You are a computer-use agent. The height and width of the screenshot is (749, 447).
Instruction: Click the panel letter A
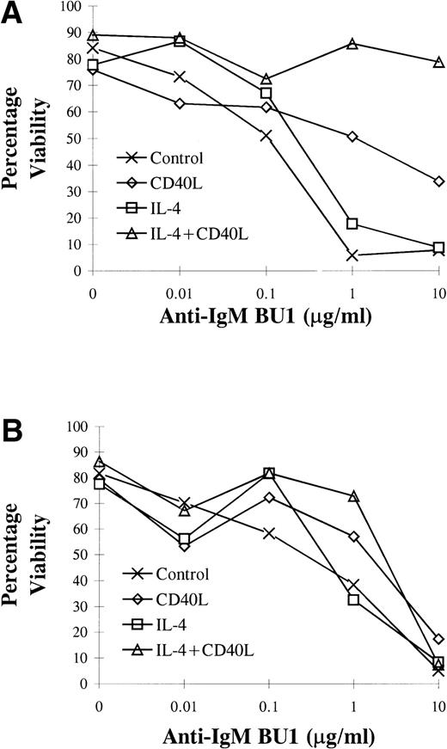point(12,15)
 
